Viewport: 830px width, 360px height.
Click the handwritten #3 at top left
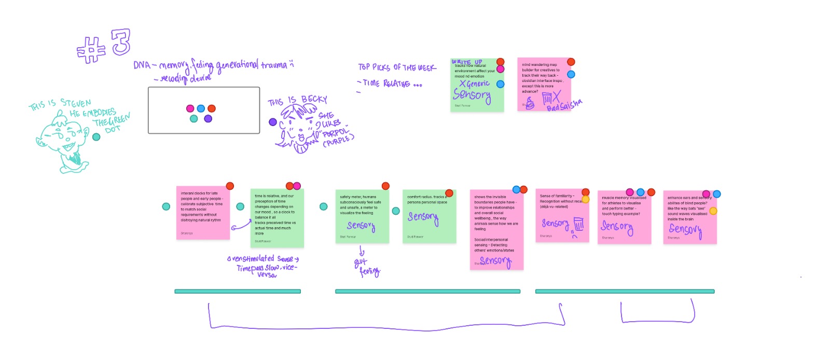[104, 46]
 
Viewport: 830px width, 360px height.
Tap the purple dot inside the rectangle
[208, 119]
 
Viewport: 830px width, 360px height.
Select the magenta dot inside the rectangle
[190, 108]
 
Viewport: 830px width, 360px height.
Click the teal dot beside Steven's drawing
[96, 137]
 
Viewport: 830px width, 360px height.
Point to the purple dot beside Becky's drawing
[273, 122]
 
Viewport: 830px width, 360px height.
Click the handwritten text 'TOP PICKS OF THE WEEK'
[397, 67]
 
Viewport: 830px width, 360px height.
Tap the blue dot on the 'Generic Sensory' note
[500, 84]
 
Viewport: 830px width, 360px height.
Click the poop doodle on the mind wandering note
[529, 103]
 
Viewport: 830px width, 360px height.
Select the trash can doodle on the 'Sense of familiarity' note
[579, 224]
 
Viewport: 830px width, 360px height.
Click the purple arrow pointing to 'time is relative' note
[241, 225]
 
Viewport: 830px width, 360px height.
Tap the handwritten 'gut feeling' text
[367, 267]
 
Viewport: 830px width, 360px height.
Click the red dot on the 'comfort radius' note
[449, 193]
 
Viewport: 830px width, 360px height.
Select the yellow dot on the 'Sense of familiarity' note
[585, 199]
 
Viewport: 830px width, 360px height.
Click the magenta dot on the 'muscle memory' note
[630, 192]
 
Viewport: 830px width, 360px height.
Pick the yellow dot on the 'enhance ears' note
[713, 211]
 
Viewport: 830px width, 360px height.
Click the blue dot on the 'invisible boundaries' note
[516, 189]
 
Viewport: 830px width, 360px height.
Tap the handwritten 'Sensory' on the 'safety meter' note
[361, 226]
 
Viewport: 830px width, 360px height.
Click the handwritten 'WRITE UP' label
[467, 62]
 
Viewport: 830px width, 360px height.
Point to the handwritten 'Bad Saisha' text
[564, 105]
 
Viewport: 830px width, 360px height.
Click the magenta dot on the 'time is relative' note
[297, 186]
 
